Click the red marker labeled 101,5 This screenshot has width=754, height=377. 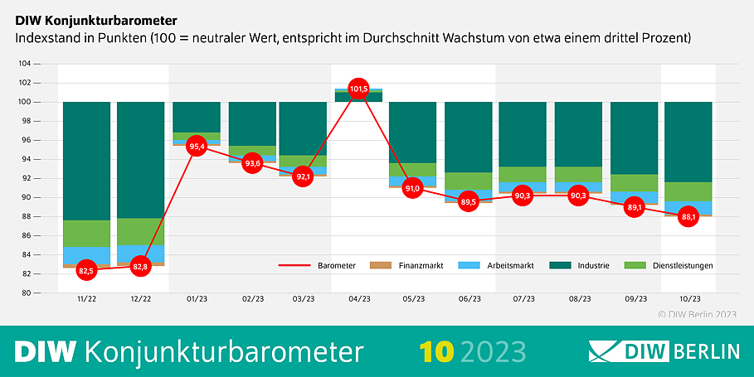(358, 88)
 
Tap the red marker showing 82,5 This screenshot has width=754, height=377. (86, 270)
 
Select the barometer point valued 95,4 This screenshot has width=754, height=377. (197, 147)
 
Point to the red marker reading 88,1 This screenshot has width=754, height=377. (688, 216)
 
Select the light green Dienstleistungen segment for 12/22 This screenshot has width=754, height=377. (140, 231)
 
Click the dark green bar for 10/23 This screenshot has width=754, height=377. (688, 141)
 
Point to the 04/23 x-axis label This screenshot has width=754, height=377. (359, 299)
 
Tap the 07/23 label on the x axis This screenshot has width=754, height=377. (523, 299)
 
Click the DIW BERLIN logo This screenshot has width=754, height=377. (664, 351)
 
